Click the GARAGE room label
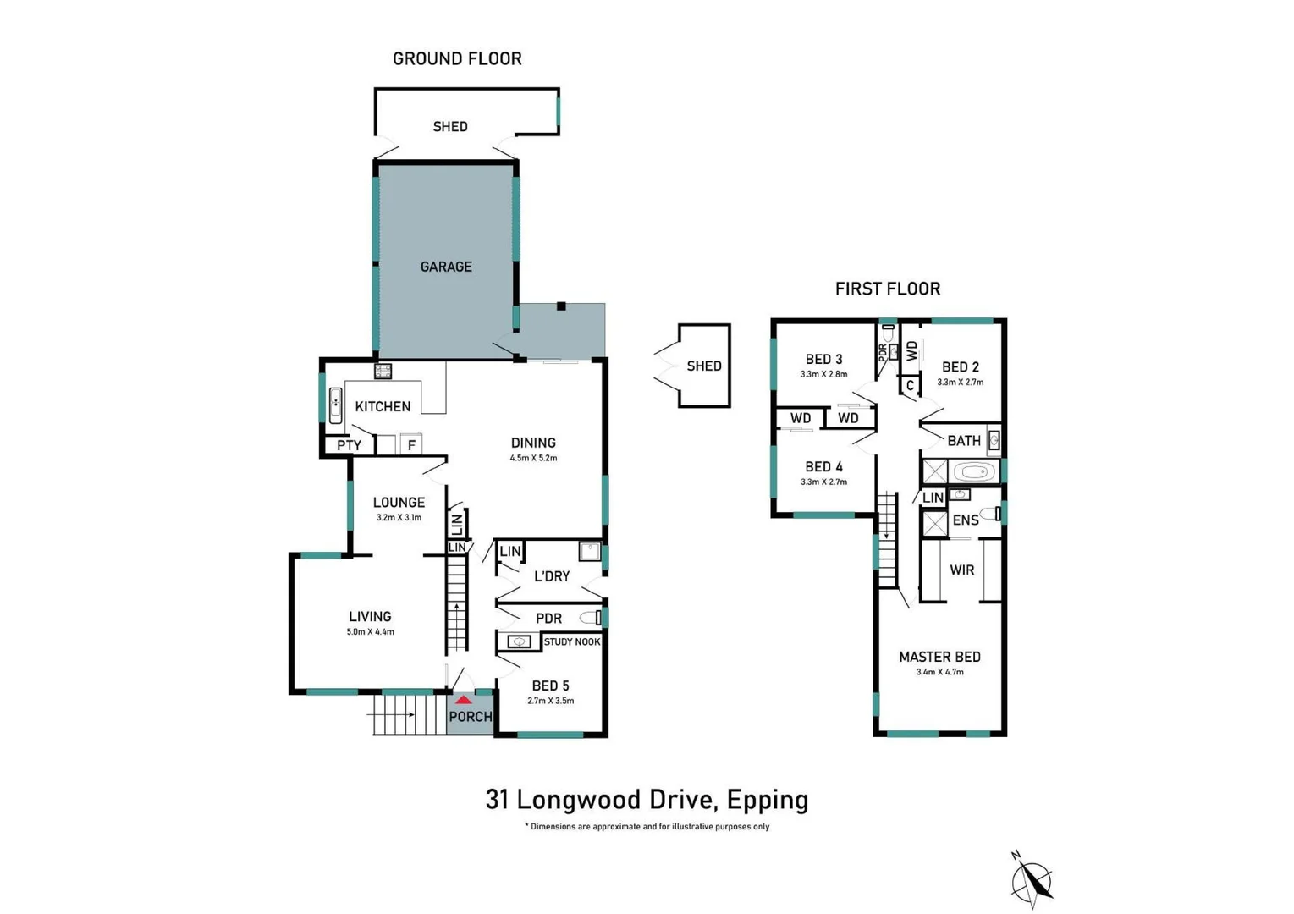point(446,267)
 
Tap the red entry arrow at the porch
point(463,700)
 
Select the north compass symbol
point(1032,880)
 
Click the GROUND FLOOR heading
point(457,58)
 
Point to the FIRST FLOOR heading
point(888,289)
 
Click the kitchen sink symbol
point(335,405)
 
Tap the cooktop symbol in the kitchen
point(383,371)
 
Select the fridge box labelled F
point(411,444)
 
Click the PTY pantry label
point(349,445)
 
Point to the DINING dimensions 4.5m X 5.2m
point(533,458)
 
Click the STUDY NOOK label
point(572,641)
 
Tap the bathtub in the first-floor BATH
point(976,472)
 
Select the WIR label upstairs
point(962,570)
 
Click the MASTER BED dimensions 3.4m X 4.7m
point(940,672)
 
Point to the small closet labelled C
point(911,385)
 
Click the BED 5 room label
point(551,685)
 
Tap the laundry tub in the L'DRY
point(590,551)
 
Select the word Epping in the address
point(767,801)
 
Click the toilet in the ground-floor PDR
point(591,618)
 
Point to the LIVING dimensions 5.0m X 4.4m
point(371,632)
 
